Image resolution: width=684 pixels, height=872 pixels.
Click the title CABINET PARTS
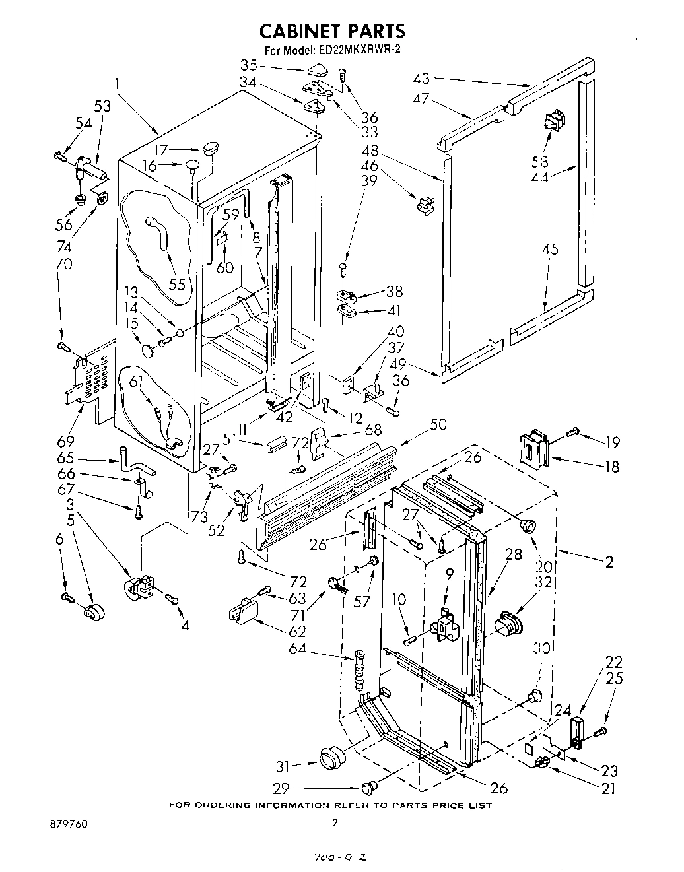(331, 30)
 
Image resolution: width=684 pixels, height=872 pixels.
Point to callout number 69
(66, 440)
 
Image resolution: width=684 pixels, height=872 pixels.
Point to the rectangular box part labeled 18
(535, 448)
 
